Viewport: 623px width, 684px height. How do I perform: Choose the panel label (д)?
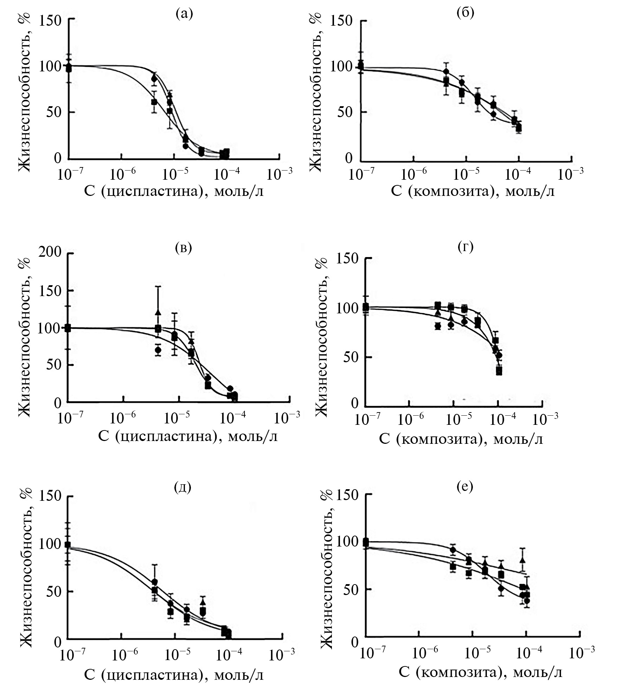tap(183, 487)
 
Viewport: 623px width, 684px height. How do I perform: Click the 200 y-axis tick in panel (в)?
tap(50, 252)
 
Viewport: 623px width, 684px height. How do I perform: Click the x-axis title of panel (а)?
tap(174, 192)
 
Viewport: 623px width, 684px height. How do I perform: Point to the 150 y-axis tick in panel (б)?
tap(341, 20)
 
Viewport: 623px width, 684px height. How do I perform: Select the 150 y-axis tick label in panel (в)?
tap(50, 291)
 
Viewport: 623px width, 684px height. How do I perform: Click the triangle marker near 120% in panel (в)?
tap(158, 312)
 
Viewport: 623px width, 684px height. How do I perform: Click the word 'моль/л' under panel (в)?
tap(253, 436)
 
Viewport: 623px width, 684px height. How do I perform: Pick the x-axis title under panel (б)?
tap(473, 192)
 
